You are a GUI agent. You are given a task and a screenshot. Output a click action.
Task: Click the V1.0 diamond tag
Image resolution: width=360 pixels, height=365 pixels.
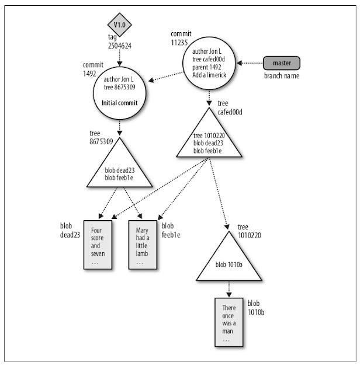click(x=120, y=25)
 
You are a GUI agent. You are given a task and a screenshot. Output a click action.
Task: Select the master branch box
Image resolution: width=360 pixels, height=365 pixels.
click(x=282, y=63)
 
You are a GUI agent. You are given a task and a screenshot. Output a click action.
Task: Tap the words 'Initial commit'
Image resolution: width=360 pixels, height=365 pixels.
click(x=120, y=103)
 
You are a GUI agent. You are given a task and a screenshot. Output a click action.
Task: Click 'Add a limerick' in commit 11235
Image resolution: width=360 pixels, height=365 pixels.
click(x=209, y=75)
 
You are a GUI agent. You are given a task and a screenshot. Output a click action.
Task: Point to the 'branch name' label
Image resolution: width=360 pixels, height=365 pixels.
click(x=282, y=76)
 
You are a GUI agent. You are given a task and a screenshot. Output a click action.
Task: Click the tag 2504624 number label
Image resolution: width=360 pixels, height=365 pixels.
click(x=120, y=46)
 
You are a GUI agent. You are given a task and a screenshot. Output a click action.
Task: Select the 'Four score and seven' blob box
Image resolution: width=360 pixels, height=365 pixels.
click(x=98, y=245)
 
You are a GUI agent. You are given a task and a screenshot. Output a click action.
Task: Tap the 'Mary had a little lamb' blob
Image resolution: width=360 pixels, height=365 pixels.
click(x=143, y=245)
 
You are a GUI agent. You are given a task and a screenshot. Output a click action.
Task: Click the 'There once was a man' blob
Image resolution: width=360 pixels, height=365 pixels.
click(x=229, y=322)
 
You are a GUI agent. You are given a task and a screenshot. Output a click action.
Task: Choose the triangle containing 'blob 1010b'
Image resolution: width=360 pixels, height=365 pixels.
click(x=229, y=260)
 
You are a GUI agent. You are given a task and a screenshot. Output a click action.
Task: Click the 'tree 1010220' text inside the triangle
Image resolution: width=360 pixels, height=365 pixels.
click(x=209, y=135)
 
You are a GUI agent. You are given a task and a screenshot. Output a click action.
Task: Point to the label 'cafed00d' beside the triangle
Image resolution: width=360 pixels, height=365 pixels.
click(x=230, y=112)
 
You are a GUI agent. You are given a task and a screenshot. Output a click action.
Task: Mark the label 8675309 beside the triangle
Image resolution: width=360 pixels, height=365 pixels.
click(x=101, y=141)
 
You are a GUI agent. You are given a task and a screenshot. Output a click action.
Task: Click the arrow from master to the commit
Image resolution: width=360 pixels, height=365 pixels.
click(x=250, y=63)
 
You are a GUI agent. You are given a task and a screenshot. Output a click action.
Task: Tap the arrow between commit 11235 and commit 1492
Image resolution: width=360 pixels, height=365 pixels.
click(x=165, y=77)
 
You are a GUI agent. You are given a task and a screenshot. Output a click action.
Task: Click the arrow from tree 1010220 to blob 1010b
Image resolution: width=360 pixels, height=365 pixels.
click(x=229, y=289)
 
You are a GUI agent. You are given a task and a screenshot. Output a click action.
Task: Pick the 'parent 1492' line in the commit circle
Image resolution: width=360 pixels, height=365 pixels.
click(x=206, y=67)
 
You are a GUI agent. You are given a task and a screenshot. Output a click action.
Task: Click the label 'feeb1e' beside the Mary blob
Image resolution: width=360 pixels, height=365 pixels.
click(x=171, y=235)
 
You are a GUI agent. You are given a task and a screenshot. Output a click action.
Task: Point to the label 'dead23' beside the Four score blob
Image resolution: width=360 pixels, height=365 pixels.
click(x=70, y=235)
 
